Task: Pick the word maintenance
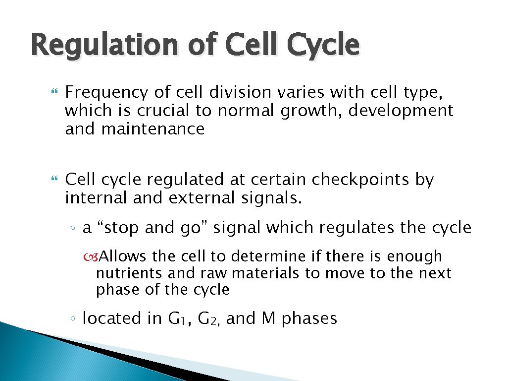coord(153,129)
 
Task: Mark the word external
coord(199,197)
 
